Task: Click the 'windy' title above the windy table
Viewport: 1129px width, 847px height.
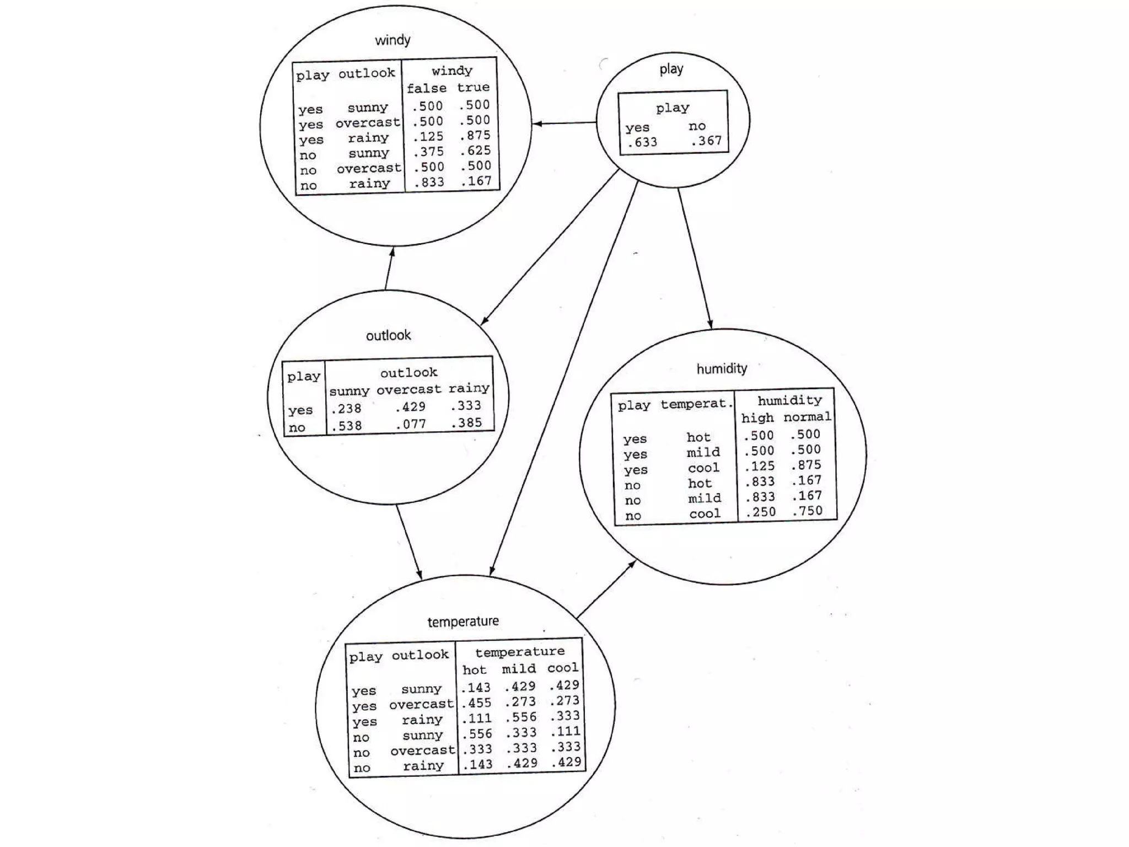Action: pyautogui.click(x=393, y=40)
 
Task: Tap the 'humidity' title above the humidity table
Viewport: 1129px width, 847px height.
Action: pyautogui.click(x=722, y=368)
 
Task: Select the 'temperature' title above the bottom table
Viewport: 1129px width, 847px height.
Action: pyautogui.click(x=463, y=621)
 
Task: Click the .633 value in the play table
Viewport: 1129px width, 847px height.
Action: pyautogui.click(x=642, y=142)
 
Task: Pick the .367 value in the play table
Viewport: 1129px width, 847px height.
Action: pyautogui.click(x=706, y=141)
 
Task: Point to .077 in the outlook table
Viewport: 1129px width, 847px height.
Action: pyautogui.click(x=411, y=424)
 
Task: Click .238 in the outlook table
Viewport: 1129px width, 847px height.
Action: pyautogui.click(x=346, y=409)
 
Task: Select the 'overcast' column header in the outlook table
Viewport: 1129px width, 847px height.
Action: pyautogui.click(x=409, y=389)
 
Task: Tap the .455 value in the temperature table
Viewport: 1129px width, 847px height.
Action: pyautogui.click(x=476, y=703)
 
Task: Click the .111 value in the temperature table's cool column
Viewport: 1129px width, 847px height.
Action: pyautogui.click(x=565, y=732)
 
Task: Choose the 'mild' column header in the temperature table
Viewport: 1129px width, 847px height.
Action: pyautogui.click(x=519, y=669)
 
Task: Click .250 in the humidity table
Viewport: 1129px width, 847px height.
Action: pyautogui.click(x=760, y=512)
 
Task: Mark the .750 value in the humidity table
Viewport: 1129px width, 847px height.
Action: pyautogui.click(x=807, y=511)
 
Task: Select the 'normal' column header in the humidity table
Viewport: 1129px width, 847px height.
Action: pyautogui.click(x=807, y=417)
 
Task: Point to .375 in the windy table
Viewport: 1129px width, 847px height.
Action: pyautogui.click(x=428, y=152)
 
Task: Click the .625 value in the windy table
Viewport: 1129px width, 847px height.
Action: pyautogui.click(x=475, y=151)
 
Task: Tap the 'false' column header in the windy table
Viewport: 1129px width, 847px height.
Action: pyautogui.click(x=426, y=88)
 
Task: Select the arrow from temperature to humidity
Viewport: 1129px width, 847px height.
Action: pyautogui.click(x=606, y=588)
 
